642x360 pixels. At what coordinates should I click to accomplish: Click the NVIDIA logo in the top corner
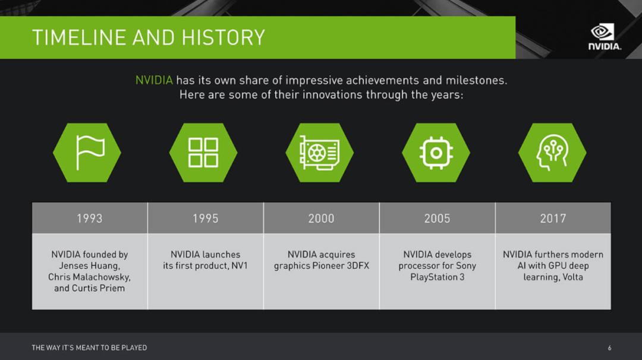pyautogui.click(x=605, y=36)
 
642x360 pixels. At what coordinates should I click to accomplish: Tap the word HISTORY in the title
pyautogui.click(x=223, y=37)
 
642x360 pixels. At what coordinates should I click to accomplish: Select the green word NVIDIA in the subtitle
pyautogui.click(x=154, y=80)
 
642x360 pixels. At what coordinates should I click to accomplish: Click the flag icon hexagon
pyautogui.click(x=87, y=153)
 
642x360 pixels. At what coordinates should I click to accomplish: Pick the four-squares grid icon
pyautogui.click(x=203, y=153)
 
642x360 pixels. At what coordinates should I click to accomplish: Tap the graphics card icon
pyautogui.click(x=319, y=153)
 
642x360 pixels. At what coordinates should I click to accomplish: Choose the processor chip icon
pyautogui.click(x=436, y=153)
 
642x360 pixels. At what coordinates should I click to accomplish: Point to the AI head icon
pyautogui.click(x=552, y=153)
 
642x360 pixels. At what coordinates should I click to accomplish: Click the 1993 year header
pyautogui.click(x=90, y=218)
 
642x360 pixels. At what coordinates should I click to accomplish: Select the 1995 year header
pyautogui.click(x=206, y=218)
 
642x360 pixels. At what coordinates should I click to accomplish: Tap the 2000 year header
pyautogui.click(x=322, y=218)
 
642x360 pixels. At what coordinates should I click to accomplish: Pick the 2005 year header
pyautogui.click(x=438, y=218)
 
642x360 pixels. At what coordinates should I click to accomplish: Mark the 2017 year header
pyautogui.click(x=553, y=218)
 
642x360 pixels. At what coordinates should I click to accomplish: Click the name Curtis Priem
pyautogui.click(x=98, y=288)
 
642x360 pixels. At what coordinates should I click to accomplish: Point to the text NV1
pyautogui.click(x=240, y=266)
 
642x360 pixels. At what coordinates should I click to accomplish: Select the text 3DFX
pyautogui.click(x=358, y=266)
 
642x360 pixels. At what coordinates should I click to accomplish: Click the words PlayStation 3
pyautogui.click(x=438, y=277)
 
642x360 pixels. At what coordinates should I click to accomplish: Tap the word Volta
pyautogui.click(x=572, y=277)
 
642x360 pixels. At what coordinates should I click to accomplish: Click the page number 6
pyautogui.click(x=610, y=348)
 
